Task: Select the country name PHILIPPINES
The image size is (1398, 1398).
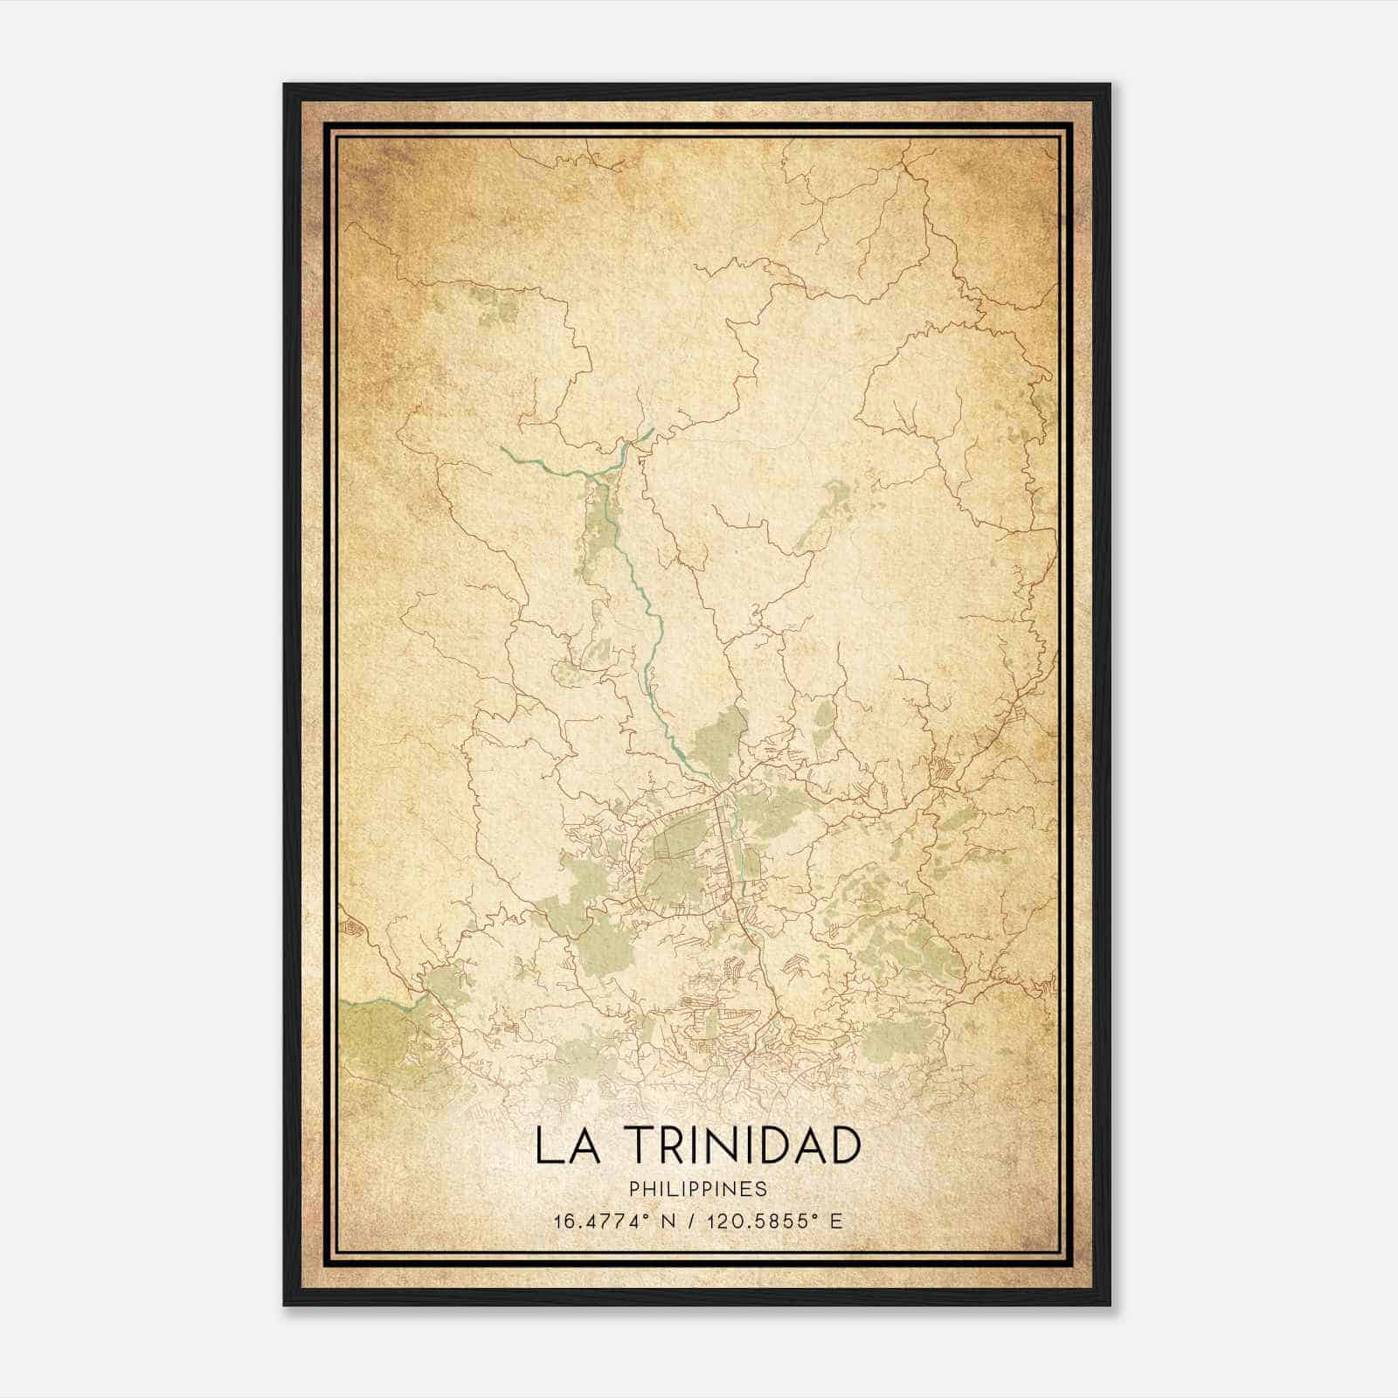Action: [697, 1189]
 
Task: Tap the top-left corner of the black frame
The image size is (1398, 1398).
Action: [286, 86]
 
